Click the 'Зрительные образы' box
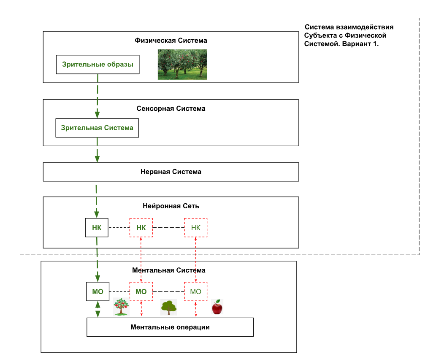(97, 65)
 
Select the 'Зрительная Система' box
(97, 128)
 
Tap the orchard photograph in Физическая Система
(182, 64)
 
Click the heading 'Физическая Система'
(171, 41)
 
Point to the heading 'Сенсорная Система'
(171, 109)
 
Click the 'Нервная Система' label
(171, 172)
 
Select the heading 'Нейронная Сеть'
(171, 206)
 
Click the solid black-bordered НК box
(97, 228)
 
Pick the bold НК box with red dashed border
(141, 228)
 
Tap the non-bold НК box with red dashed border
(196, 228)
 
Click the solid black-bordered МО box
(97, 292)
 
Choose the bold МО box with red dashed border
(141, 292)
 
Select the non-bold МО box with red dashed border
(196, 292)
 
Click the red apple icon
(217, 307)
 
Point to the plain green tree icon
(168, 307)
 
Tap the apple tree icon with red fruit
(121, 306)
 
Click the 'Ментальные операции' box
(170, 327)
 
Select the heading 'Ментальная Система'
(169, 270)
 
